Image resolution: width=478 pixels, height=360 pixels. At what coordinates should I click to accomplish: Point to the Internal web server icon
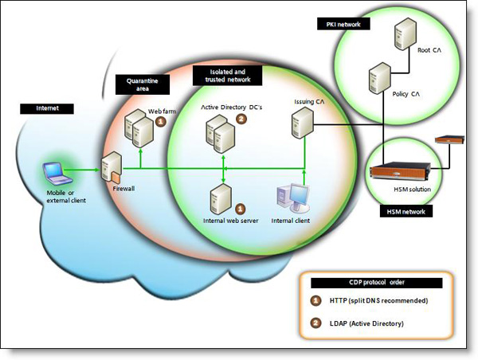click(221, 195)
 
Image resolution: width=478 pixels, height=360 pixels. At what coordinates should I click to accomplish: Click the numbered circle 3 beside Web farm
click(160, 122)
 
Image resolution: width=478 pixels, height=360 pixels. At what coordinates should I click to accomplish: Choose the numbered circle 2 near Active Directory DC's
click(242, 120)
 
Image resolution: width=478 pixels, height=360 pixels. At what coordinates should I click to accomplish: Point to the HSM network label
click(405, 212)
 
